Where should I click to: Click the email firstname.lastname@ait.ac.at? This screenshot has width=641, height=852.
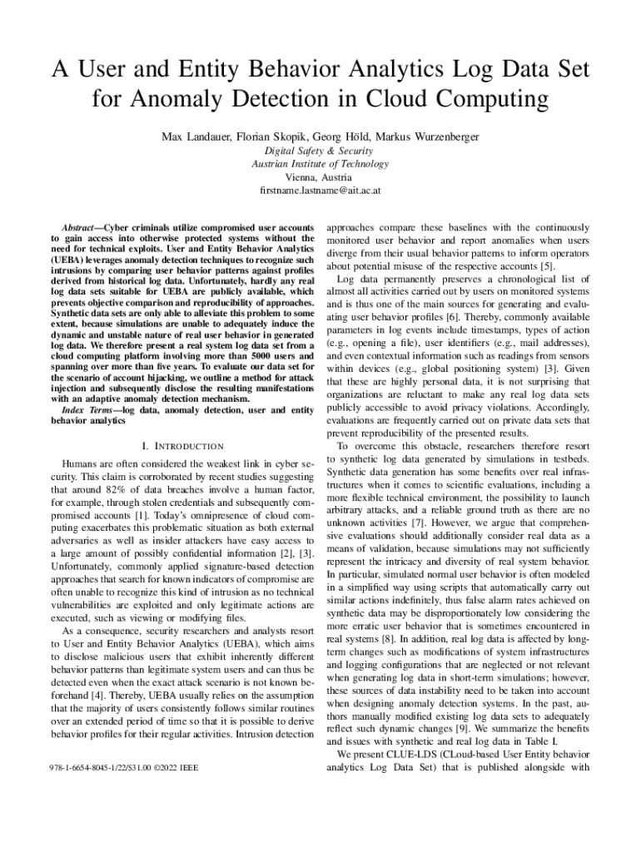pos(320,191)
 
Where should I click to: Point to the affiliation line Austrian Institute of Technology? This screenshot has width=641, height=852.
pos(320,164)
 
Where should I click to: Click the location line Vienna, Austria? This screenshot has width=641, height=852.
pos(320,177)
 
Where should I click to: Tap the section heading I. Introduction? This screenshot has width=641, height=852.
pos(181,447)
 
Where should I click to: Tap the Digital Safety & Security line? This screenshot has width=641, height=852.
pos(320,151)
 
